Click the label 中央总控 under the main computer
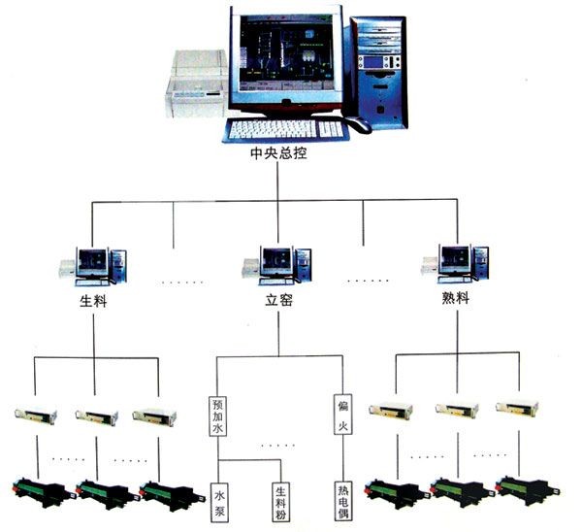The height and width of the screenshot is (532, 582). click(x=277, y=151)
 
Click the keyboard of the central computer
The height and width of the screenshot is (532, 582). click(x=286, y=128)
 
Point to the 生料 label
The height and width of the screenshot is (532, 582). click(x=93, y=299)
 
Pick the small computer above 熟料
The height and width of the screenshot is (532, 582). click(x=454, y=260)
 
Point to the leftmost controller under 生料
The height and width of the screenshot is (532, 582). click(x=36, y=416)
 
